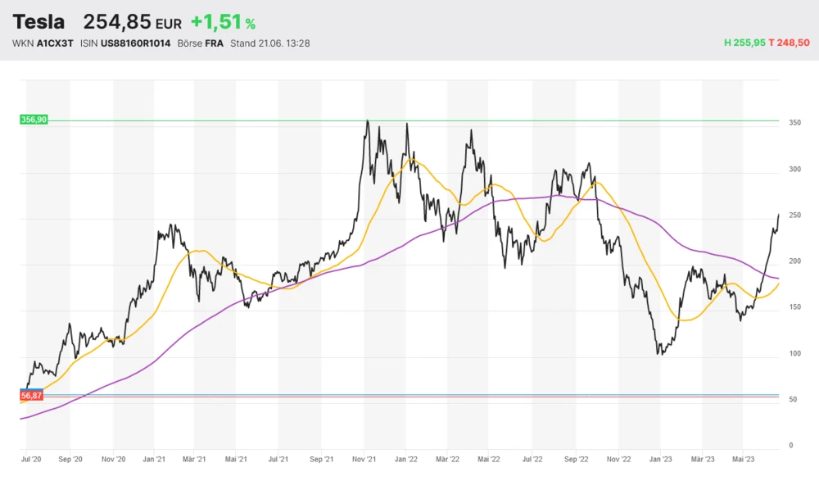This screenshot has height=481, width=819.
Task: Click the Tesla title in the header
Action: [38, 22]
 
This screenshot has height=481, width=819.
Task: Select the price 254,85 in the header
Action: [118, 22]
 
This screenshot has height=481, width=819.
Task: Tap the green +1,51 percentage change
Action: [217, 22]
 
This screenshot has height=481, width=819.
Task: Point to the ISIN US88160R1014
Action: [135, 43]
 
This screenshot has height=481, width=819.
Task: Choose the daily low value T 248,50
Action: [790, 43]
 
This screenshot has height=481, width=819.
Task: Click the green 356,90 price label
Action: [34, 120]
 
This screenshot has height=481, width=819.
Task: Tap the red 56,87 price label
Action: [32, 396]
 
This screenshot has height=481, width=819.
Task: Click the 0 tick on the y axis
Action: [791, 446]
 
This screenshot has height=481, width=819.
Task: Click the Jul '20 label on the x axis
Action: [31, 460]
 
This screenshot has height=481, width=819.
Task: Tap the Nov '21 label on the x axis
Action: [366, 460]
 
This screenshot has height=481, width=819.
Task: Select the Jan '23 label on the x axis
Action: [661, 460]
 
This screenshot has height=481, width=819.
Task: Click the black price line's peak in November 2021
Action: [368, 121]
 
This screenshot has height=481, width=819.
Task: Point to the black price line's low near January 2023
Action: [659, 354]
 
